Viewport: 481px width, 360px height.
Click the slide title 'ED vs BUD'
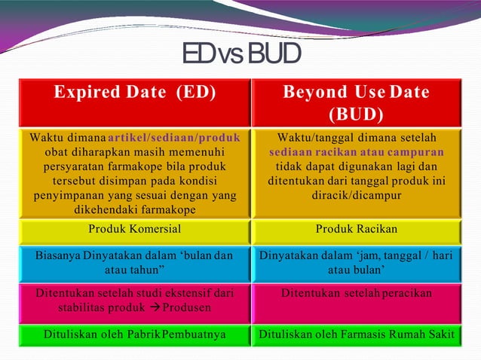coord(241,53)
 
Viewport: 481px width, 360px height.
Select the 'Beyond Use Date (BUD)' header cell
coord(356,103)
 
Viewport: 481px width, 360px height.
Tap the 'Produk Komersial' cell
coord(134,229)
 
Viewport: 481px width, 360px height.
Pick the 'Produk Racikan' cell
coord(356,229)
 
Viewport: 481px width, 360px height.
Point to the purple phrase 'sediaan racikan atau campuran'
coord(357,152)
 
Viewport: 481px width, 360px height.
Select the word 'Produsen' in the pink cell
coord(184,308)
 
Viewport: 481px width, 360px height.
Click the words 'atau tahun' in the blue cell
coord(134,270)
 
